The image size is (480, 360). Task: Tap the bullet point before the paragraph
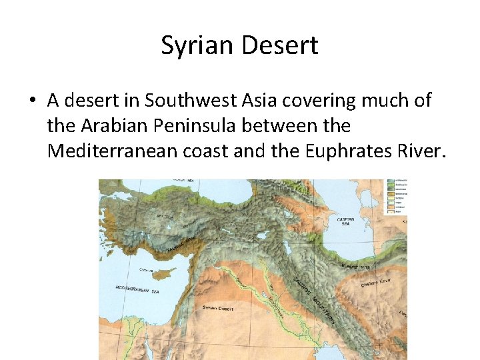[32, 101]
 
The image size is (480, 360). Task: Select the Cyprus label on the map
[147, 271]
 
